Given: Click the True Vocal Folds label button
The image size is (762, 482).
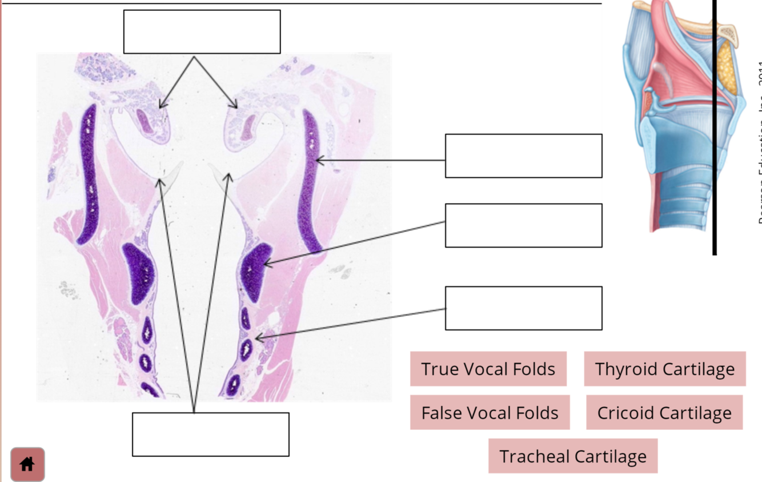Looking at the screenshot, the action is (x=488, y=369).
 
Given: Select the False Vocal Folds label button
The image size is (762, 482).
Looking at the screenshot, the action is (x=490, y=412).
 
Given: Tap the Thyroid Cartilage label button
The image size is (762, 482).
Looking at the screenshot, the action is (x=664, y=369).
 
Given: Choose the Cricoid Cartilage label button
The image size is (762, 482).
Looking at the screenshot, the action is (x=664, y=412).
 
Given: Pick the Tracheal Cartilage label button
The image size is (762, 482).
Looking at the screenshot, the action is (x=572, y=456).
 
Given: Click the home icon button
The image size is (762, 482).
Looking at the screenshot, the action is (x=27, y=464).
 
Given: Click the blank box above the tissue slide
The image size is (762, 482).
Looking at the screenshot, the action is (x=202, y=31).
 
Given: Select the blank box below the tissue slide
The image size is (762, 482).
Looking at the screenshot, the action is (x=210, y=435).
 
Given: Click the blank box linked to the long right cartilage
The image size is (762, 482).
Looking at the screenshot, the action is (x=523, y=156).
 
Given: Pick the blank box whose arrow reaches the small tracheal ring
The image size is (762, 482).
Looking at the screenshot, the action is (x=523, y=308).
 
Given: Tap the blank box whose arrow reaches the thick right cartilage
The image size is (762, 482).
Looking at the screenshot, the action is (x=523, y=225).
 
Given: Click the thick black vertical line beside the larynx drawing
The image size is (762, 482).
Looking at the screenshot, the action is (x=714, y=126).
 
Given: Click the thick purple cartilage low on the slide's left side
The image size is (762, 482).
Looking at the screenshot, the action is (x=138, y=273).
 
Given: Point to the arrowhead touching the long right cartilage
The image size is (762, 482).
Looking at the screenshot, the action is (x=318, y=161).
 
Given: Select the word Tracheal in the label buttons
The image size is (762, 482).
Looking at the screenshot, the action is (x=534, y=456).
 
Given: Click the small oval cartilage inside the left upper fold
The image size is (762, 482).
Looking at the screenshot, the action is (x=146, y=122).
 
